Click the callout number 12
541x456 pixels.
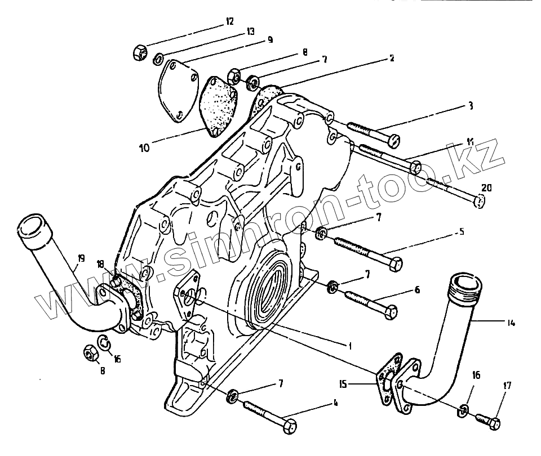click(x=229, y=21)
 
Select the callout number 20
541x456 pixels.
click(x=486, y=187)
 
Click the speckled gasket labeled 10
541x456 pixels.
click(x=217, y=104)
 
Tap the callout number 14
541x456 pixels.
click(x=511, y=323)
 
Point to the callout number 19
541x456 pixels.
click(x=81, y=259)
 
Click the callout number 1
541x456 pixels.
click(x=349, y=346)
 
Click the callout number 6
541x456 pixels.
click(x=416, y=289)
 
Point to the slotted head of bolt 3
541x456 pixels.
click(x=395, y=138)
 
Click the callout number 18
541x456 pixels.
click(x=100, y=264)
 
